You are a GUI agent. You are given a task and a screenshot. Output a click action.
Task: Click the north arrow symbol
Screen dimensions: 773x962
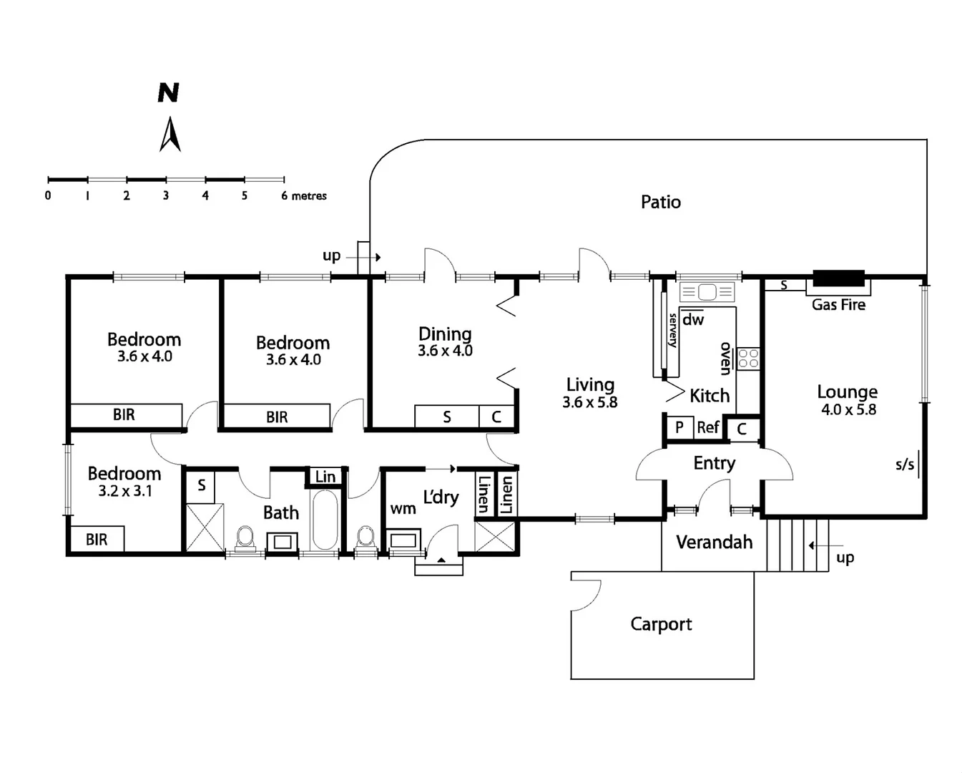tap(170, 134)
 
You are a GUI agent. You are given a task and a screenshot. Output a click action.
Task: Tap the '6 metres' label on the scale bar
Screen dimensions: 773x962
tap(304, 195)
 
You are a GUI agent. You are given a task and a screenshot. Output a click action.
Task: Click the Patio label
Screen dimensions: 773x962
tap(660, 202)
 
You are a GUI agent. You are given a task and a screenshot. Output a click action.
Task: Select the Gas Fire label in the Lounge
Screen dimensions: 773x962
tap(838, 305)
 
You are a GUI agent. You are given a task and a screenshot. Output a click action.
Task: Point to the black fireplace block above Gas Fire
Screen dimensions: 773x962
tap(838, 278)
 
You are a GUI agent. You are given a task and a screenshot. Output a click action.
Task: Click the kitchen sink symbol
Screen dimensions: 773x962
tap(707, 292)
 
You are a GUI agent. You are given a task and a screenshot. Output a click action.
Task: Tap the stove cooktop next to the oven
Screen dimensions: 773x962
tap(748, 358)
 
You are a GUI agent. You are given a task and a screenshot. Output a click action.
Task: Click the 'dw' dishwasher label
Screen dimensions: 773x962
tap(692, 320)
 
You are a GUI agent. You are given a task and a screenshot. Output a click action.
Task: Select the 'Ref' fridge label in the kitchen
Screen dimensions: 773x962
tap(707, 427)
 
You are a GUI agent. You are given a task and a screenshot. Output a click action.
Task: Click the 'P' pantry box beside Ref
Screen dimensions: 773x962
tap(679, 427)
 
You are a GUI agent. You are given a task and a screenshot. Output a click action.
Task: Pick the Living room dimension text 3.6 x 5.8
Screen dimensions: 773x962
tap(589, 402)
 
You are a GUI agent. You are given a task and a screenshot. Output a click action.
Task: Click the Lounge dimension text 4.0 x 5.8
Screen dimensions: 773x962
tap(848, 409)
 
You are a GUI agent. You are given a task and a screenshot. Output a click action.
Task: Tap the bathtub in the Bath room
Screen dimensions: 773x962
tap(325, 519)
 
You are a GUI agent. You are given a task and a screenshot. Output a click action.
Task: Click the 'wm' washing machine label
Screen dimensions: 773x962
tap(403, 509)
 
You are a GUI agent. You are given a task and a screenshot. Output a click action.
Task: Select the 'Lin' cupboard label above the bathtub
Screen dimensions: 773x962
tap(325, 477)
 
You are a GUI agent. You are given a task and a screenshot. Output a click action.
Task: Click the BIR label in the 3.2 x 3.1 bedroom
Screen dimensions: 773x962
tap(97, 540)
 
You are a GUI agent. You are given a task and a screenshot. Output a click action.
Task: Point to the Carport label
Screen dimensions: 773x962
tap(661, 624)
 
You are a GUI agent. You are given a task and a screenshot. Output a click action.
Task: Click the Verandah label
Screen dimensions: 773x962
tap(714, 543)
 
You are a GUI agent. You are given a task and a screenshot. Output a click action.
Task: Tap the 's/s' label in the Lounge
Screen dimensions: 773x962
tap(905, 465)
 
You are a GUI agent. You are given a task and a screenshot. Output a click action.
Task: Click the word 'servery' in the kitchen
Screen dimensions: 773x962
tap(672, 331)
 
